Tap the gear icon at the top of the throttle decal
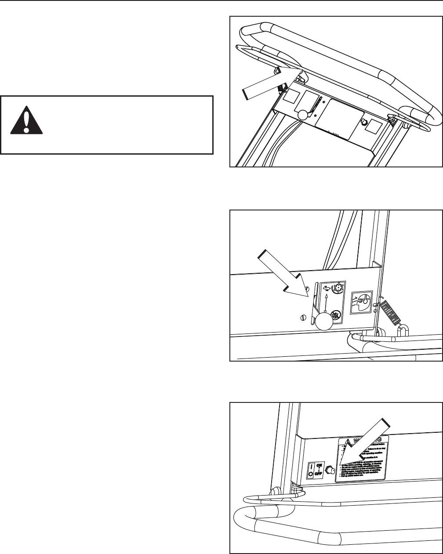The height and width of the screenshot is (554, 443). pyautogui.click(x=338, y=289)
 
